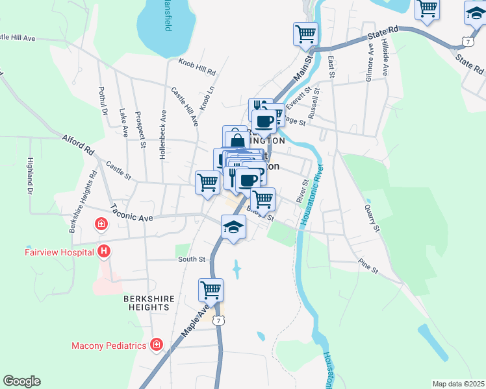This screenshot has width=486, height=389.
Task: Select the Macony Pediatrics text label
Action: [x=109, y=346]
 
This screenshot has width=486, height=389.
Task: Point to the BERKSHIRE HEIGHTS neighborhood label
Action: [x=149, y=303]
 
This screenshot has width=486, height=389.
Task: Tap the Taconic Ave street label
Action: [x=131, y=213]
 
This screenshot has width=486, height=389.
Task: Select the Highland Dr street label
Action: [x=30, y=175]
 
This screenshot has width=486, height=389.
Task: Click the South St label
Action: [x=192, y=259]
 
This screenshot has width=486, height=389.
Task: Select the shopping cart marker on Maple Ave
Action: [x=211, y=289]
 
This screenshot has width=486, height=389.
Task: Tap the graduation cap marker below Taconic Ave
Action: [x=233, y=228]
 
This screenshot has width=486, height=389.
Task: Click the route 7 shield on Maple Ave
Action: [x=220, y=320]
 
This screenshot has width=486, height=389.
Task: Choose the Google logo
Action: [x=21, y=381]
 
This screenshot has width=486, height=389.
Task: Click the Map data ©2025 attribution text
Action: [x=458, y=384]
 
